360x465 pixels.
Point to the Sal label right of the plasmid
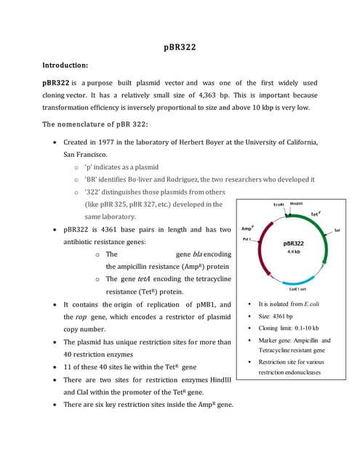point(337,229)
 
